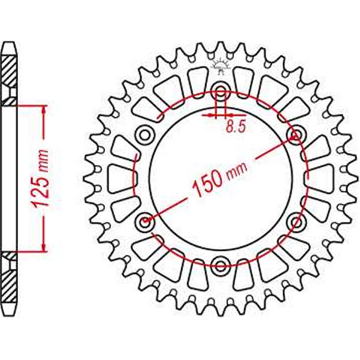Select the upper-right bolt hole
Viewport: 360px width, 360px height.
pyautogui.click(x=295, y=133)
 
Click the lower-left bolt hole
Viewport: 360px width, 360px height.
pyautogui.click(x=145, y=223)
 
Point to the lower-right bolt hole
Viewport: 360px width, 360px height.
pyautogui.click(x=295, y=223)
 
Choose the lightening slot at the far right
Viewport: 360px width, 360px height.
pyautogui.click(x=320, y=178)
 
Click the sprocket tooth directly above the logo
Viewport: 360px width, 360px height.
pyautogui.click(x=221, y=49)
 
